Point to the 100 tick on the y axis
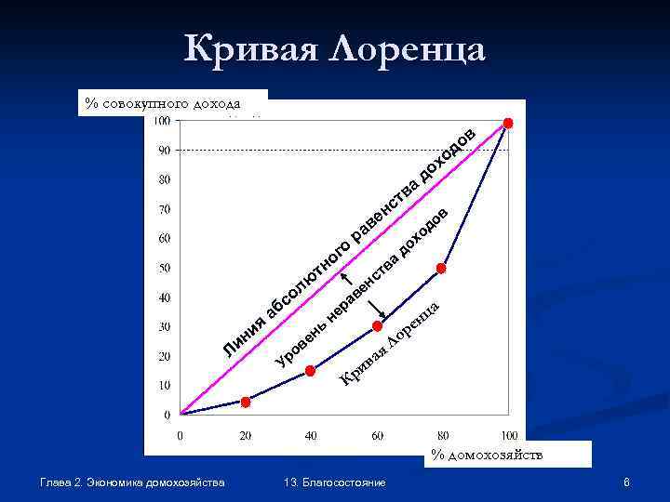click(x=162, y=120)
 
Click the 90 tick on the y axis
click(x=164, y=150)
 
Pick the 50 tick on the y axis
click(x=164, y=268)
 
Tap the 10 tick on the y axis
click(x=164, y=385)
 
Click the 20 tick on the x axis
click(x=245, y=435)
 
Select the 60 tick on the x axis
click(x=377, y=435)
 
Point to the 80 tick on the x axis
click(x=442, y=435)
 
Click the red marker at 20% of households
click(x=246, y=402)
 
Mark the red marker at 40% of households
click(x=311, y=370)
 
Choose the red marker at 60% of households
click(x=377, y=325)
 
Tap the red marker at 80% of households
click(x=442, y=268)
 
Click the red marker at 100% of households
click(x=508, y=123)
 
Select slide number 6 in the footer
click(x=628, y=482)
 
